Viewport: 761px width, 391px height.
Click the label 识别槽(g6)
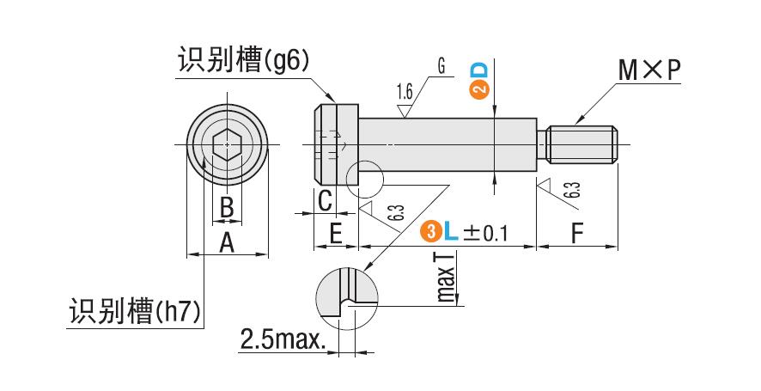(x=242, y=61)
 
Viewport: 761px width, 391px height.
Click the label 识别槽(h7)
(x=136, y=310)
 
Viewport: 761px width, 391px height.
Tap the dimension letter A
(x=227, y=243)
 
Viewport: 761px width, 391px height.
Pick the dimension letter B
(x=226, y=207)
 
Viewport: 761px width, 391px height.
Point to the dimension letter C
(x=325, y=201)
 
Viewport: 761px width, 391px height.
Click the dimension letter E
(x=336, y=233)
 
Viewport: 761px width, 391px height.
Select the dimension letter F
(x=576, y=233)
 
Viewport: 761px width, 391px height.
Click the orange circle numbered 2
(x=479, y=89)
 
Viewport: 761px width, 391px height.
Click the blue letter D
(x=479, y=70)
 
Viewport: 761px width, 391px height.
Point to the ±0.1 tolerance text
(x=486, y=233)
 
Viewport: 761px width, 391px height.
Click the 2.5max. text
(x=283, y=339)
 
